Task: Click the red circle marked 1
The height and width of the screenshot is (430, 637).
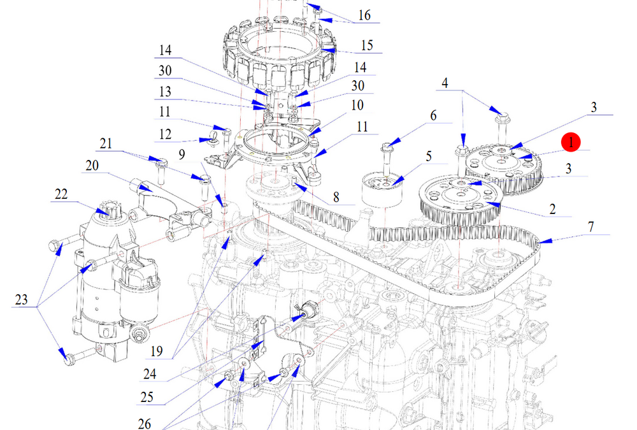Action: (x=571, y=142)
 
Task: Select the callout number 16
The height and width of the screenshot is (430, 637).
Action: (x=364, y=15)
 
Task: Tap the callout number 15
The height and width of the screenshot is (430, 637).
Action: (x=367, y=45)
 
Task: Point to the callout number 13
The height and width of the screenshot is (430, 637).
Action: (x=165, y=91)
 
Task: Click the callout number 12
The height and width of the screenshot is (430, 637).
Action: (x=165, y=134)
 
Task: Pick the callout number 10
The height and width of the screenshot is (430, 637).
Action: (x=357, y=104)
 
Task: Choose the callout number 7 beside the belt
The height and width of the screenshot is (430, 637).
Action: (x=590, y=227)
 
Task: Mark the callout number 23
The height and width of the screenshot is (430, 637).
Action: (x=22, y=299)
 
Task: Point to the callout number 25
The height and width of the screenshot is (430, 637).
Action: (x=147, y=398)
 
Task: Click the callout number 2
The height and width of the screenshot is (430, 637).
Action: (x=552, y=208)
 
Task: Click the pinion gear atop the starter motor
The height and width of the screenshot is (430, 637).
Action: (x=109, y=208)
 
